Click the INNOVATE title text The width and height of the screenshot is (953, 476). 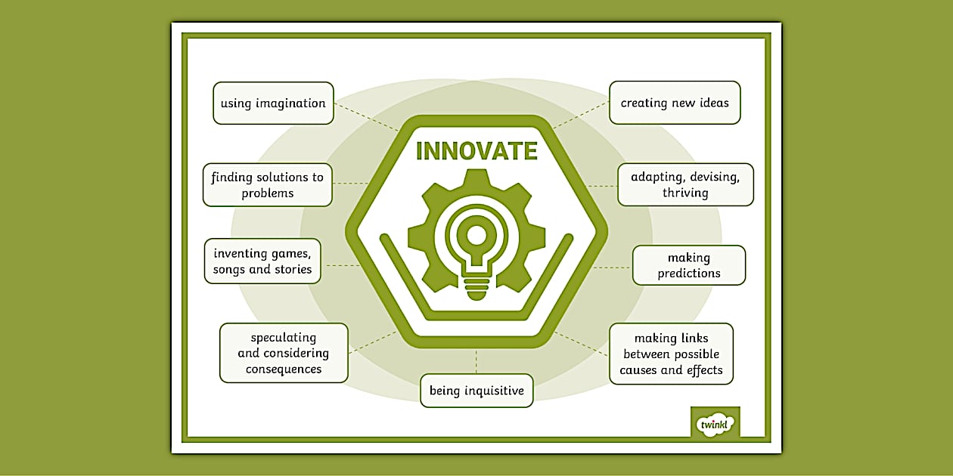[476, 151]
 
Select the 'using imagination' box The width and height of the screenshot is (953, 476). [273, 103]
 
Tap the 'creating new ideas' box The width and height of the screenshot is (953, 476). [675, 103]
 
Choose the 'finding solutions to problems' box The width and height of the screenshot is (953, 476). [268, 184]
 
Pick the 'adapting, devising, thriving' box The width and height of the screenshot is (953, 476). [685, 184]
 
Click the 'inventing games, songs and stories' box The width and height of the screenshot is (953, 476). [262, 261]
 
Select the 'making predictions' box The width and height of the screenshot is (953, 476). [689, 265]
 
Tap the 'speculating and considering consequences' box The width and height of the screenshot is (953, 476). [284, 353]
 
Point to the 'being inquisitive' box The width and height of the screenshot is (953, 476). [476, 391]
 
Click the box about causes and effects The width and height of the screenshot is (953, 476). [671, 354]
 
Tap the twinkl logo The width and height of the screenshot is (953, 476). [715, 424]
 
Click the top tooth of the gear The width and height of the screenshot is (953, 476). [476, 180]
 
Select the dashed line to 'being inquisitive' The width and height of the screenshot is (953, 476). [476, 361]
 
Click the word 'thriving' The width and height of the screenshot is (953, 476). [685, 193]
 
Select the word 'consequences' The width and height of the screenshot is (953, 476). [284, 369]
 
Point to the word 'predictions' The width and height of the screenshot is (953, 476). [689, 274]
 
